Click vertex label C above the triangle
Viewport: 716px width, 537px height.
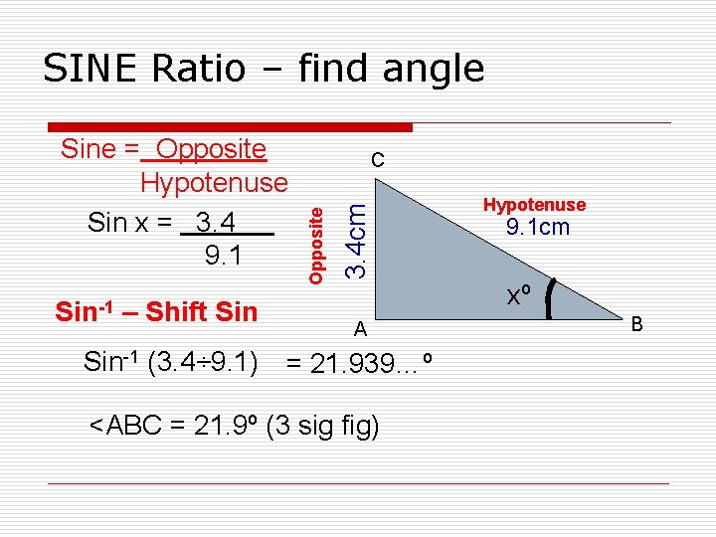pyautogui.click(x=377, y=160)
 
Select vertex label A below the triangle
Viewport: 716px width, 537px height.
pyautogui.click(x=363, y=329)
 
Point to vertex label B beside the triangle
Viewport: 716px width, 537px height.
pyautogui.click(x=637, y=323)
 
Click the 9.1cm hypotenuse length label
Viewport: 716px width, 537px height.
pyautogui.click(x=538, y=228)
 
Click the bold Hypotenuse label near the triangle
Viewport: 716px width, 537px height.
pyautogui.click(x=534, y=205)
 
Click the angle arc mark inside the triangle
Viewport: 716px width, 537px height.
pyautogui.click(x=552, y=296)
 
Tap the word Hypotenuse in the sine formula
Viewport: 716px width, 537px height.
pyautogui.click(x=214, y=183)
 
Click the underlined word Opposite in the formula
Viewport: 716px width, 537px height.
pyautogui.click(x=211, y=149)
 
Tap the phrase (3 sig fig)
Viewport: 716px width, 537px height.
pyautogui.click(x=323, y=427)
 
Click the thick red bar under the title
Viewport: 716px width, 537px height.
pyautogui.click(x=231, y=127)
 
